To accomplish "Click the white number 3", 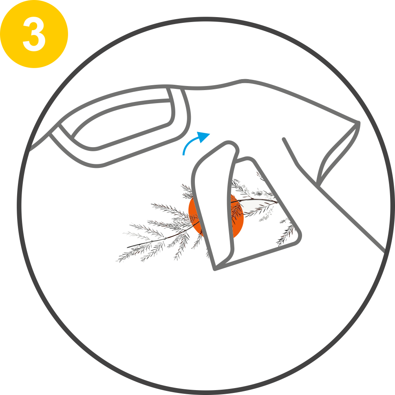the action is coord(34,34).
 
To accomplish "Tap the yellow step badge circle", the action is coord(34,34).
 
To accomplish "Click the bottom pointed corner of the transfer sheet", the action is coord(215,269).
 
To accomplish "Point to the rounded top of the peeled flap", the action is coord(230,145).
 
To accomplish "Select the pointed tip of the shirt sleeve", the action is coord(358,122).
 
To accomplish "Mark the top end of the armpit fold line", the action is coord(284,139).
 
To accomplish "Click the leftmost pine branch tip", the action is coord(117,261).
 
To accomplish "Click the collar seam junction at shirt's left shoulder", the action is coord(59,124).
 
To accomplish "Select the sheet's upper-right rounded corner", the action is coord(249,159).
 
